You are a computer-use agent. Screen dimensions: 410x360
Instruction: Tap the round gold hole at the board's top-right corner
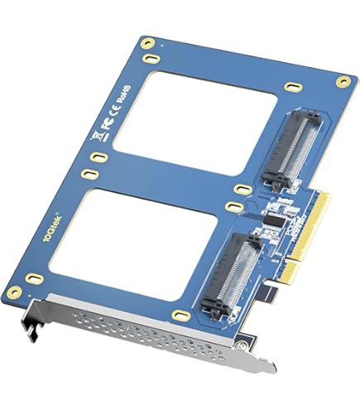(x=341, y=81)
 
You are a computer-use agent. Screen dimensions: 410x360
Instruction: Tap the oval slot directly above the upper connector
(x=292, y=86)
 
